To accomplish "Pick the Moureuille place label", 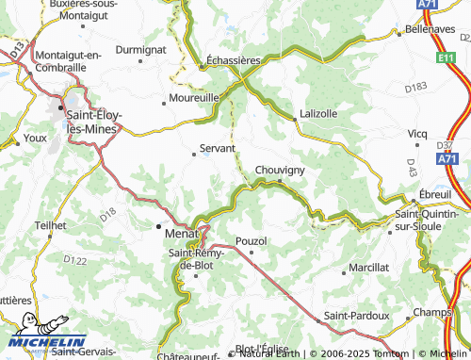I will (x=194, y=97).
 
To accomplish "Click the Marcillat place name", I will (x=367, y=268).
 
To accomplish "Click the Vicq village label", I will (x=417, y=133).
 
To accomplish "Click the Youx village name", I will (x=36, y=138).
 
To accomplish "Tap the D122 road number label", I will (x=74, y=259).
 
